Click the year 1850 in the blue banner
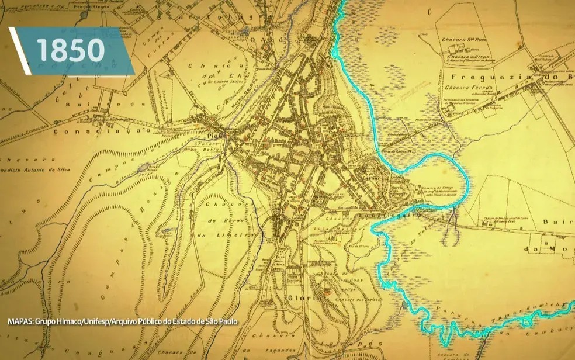tap(71, 51)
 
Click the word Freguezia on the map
tap(480, 78)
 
